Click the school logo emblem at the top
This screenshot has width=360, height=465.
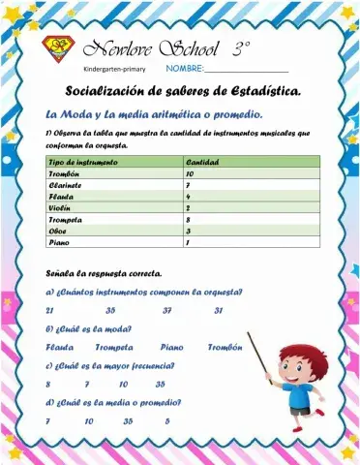click(x=59, y=48)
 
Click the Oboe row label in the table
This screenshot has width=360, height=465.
click(x=57, y=232)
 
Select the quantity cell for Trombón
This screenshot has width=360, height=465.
click(x=191, y=172)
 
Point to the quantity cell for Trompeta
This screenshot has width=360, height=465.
click(x=188, y=220)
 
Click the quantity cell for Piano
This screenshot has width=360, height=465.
click(x=188, y=243)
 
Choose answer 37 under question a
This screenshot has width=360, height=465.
click(x=167, y=310)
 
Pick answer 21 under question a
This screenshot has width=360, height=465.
click(x=49, y=310)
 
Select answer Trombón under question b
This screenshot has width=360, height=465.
click(x=225, y=347)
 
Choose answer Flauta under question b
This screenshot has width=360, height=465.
click(x=59, y=347)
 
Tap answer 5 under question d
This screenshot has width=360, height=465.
click(x=167, y=421)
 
